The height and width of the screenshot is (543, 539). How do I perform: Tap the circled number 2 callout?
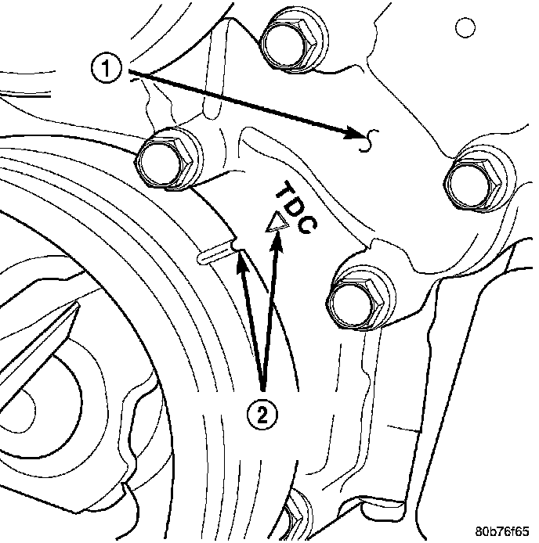[x=262, y=414]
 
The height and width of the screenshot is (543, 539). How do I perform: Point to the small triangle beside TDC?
[x=277, y=223]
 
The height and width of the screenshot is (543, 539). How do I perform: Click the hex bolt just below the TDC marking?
[x=360, y=299]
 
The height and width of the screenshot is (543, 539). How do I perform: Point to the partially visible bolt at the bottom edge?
[x=295, y=516]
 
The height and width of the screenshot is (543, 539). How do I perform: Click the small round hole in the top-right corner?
[x=465, y=27]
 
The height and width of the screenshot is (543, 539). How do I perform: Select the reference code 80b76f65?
[x=502, y=531]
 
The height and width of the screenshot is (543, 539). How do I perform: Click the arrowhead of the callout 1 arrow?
[x=356, y=133]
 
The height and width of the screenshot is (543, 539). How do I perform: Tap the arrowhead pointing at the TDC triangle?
[x=277, y=242]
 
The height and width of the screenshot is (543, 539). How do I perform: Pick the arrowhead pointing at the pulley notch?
[x=239, y=261]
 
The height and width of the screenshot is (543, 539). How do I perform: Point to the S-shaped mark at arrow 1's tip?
[x=370, y=141]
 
